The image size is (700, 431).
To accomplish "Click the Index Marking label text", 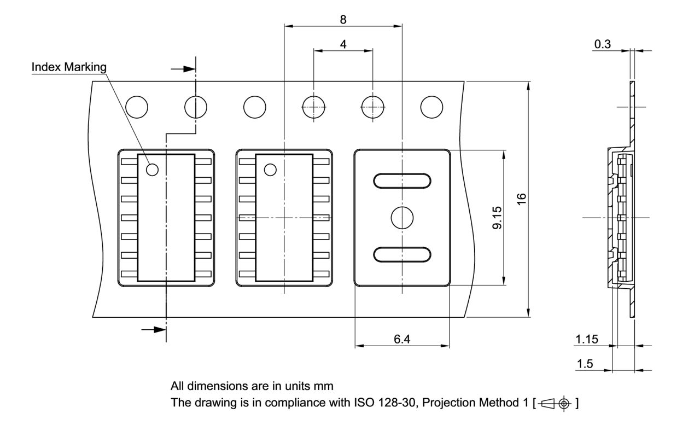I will click(69, 67).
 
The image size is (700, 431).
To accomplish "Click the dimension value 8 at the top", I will click(343, 19).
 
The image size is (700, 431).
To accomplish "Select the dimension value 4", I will click(343, 44).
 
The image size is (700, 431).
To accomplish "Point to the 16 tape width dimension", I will click(521, 199).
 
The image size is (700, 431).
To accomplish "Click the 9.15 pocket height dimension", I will click(497, 218).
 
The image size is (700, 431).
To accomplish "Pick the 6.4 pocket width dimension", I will click(402, 339).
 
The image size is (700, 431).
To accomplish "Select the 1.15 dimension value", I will click(586, 339).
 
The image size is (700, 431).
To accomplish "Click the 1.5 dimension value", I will click(585, 364).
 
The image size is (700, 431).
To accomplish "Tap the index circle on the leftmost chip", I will click(153, 170).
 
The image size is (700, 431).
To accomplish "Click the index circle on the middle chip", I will click(270, 170).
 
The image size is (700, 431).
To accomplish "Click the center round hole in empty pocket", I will click(402, 218).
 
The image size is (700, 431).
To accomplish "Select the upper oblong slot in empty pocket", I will click(402, 180).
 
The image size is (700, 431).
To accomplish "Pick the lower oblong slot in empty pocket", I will click(402, 254).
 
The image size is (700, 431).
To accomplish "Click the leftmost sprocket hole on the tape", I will click(136, 107).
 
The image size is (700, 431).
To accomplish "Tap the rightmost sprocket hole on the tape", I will click(431, 107).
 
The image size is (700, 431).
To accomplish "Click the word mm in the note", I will click(324, 386).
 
